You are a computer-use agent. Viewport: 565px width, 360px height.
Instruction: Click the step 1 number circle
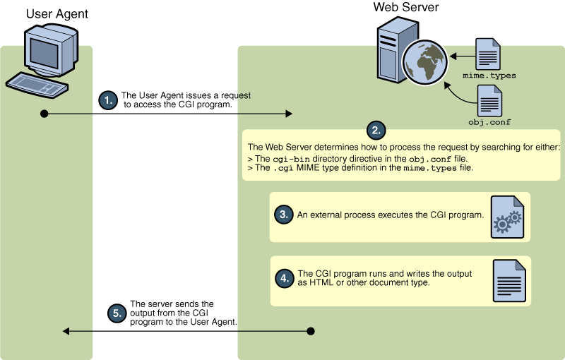(108, 100)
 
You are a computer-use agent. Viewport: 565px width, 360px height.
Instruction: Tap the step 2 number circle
(376, 131)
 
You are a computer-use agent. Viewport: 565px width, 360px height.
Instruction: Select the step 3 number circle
(284, 215)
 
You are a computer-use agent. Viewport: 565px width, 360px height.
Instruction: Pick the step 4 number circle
(285, 279)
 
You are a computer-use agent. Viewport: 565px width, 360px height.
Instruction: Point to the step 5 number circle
(117, 313)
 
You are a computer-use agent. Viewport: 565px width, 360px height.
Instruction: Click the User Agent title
(57, 14)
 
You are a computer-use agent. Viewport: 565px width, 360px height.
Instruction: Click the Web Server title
(405, 7)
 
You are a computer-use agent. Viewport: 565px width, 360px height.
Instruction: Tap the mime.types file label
(489, 76)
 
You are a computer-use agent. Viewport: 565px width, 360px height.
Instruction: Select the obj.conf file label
(489, 122)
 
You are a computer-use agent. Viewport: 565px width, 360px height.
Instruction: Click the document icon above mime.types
(488, 54)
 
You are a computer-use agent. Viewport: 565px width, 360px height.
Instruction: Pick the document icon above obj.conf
(489, 101)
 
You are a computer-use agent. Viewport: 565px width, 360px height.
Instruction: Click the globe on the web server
(425, 62)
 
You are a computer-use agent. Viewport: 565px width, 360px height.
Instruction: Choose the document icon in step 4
(509, 281)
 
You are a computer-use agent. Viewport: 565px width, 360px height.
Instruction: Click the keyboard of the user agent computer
(37, 85)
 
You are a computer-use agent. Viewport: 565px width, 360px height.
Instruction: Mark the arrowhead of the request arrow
(289, 114)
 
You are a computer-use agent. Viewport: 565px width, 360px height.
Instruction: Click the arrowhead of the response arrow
(66, 331)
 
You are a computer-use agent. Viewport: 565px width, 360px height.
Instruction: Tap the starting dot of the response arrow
(311, 331)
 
